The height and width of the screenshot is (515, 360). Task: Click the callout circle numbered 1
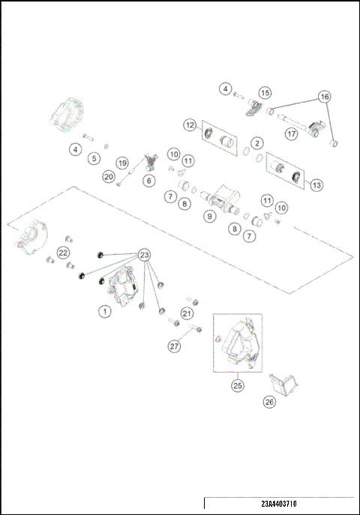tap(106, 310)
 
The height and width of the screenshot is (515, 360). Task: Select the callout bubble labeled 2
tap(256, 142)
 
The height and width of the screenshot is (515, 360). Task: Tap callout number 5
tap(94, 158)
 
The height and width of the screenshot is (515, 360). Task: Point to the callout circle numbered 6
tap(148, 181)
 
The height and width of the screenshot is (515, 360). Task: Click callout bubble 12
tap(190, 124)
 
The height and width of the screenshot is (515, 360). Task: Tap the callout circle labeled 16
tap(324, 97)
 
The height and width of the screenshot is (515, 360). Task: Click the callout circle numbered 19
tap(122, 163)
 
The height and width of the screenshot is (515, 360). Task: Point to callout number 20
tap(109, 177)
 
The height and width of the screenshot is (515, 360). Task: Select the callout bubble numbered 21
tap(187, 313)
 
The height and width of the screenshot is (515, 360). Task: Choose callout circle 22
tap(63, 252)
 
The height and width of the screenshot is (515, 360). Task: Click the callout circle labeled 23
tap(144, 253)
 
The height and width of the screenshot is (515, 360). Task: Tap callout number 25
tap(237, 385)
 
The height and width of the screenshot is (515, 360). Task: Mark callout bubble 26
tap(269, 402)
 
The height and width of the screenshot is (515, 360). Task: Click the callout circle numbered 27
tap(174, 346)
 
